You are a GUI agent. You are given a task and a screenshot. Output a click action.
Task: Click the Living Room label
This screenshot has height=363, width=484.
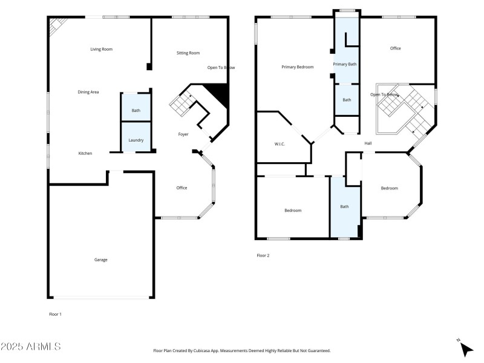coord(101,49)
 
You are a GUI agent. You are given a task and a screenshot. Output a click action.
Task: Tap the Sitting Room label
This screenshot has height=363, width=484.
coord(188,53)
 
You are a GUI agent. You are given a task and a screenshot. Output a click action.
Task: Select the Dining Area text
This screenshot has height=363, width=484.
coord(88,92)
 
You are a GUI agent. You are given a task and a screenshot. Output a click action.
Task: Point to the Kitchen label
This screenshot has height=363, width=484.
coord(85,154)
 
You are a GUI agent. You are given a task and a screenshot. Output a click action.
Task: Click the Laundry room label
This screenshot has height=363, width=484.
coord(136,140)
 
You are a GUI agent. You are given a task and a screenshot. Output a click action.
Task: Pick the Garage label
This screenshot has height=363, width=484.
coord(100,260)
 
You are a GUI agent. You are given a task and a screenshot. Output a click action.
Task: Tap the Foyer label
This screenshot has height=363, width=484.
coord(183,134)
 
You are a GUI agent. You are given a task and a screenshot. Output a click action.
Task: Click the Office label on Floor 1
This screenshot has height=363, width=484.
coord(181,188)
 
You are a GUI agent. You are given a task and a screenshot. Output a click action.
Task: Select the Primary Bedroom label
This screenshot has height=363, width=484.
coord(297,67)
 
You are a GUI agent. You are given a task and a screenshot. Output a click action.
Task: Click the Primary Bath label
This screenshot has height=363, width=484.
coord(344,64)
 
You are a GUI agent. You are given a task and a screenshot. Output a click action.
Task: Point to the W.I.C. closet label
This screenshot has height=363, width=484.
coord(280,144)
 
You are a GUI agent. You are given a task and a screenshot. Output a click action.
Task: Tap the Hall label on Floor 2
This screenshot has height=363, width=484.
coord(368,143)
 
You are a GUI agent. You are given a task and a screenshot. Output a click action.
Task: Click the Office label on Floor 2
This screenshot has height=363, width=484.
coord(395,48)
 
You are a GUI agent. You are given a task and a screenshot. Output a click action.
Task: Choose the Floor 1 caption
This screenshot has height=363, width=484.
coord(55,314)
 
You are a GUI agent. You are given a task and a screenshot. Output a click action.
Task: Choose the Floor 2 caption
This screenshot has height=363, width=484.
coord(263,255)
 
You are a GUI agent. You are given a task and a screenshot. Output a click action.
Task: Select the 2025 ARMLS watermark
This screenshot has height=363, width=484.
coord(30,347)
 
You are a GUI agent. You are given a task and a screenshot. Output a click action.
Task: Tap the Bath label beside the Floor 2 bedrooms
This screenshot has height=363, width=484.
coord(344,207)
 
